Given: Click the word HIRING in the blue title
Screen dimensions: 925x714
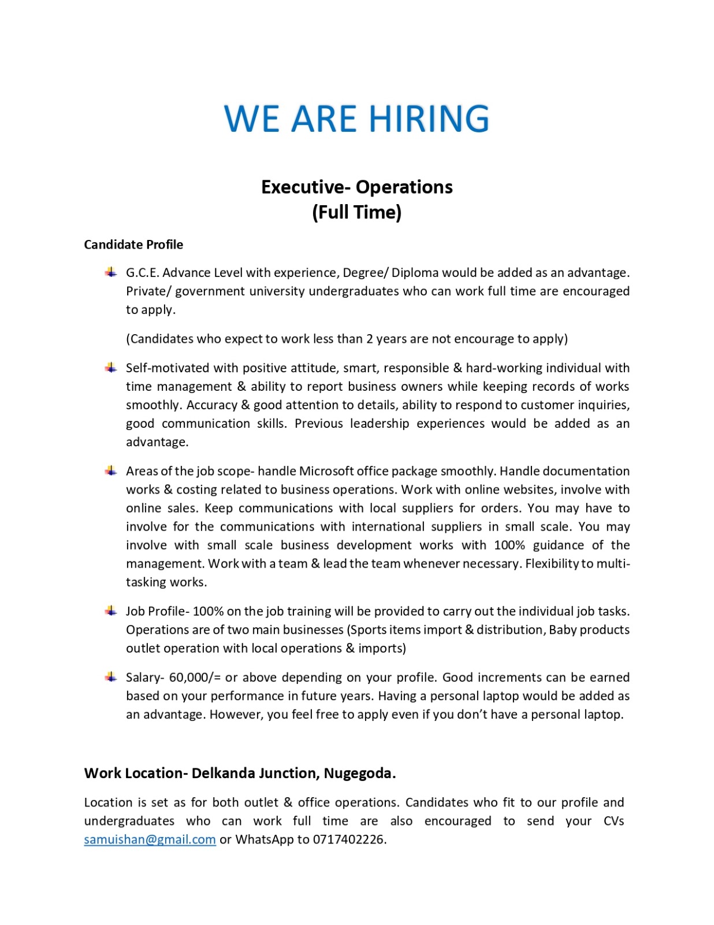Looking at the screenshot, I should tap(429, 119).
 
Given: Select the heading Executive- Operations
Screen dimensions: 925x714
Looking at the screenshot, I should tap(356, 187).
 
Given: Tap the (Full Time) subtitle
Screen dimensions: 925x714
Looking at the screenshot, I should tap(356, 212).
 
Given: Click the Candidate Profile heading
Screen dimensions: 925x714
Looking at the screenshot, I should tap(133, 245).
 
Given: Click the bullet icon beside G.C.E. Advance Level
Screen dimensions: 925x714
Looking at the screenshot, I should tap(110, 272).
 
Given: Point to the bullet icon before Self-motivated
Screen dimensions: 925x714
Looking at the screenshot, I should tap(110, 368).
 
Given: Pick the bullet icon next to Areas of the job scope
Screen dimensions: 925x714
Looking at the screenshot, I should tap(110, 471).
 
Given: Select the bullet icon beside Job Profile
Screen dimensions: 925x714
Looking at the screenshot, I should tap(110, 610).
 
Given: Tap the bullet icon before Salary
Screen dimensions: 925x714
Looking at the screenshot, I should tap(110, 676).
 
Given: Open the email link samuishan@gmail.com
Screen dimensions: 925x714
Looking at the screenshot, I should tap(150, 839).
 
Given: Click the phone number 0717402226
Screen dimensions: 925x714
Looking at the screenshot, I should tap(349, 839).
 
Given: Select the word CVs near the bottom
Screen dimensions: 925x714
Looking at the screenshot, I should tap(613, 821).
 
